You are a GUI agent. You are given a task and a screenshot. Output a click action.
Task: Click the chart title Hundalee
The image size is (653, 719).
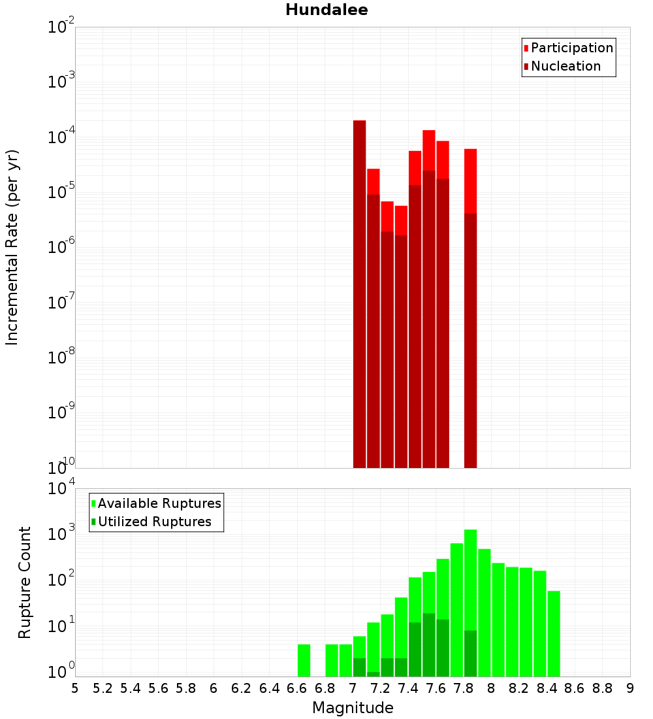(326, 10)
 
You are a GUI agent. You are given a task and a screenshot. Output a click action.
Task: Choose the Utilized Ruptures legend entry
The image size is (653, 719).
(154, 522)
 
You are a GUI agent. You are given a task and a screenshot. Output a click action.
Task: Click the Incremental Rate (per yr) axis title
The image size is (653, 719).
(12, 247)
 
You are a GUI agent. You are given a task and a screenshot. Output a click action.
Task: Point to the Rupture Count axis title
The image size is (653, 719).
(25, 582)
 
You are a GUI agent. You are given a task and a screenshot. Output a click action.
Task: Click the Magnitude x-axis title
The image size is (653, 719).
(353, 708)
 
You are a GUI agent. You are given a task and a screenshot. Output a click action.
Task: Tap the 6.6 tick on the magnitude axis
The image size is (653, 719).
(297, 688)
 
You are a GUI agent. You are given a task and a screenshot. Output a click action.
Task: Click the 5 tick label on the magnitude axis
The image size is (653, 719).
(75, 688)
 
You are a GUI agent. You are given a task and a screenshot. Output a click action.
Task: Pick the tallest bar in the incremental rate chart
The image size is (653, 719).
(359, 294)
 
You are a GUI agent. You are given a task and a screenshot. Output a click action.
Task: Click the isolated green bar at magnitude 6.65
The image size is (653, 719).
(304, 660)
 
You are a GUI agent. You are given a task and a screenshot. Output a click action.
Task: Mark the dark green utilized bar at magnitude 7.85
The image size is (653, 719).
(470, 654)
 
